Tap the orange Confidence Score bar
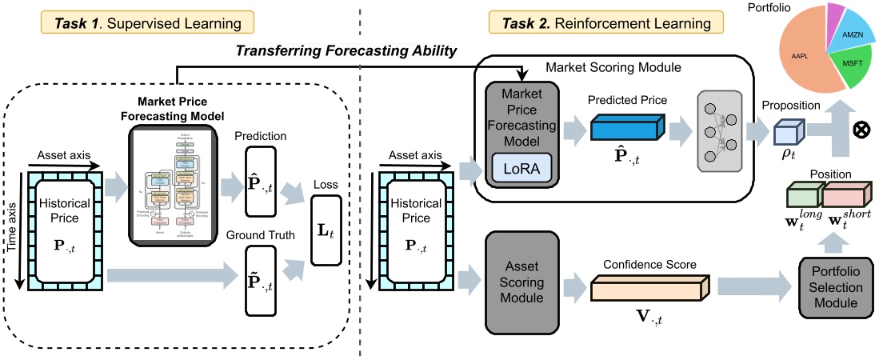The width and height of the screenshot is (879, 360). (647, 288)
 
